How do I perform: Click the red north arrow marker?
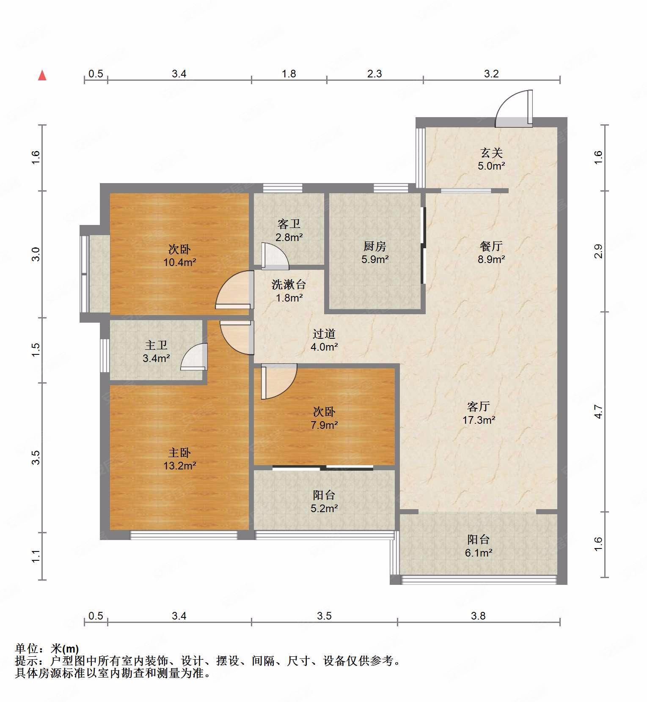pyautogui.click(x=42, y=75)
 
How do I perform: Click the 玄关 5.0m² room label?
pyautogui.click(x=491, y=159)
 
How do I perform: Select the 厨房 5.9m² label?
pyautogui.click(x=375, y=252)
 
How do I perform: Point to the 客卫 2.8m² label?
pyautogui.click(x=289, y=230)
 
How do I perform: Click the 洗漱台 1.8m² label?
pyautogui.click(x=289, y=291)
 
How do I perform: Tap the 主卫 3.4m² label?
pyautogui.click(x=156, y=352)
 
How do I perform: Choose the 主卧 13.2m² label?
pyautogui.click(x=179, y=459)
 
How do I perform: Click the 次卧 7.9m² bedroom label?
pyautogui.click(x=324, y=418)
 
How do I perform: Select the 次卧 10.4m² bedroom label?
pyautogui.click(x=179, y=255)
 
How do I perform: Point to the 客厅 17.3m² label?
pyautogui.click(x=479, y=413)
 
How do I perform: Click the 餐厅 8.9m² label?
pyautogui.click(x=491, y=252)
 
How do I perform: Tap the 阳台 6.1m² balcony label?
pyautogui.click(x=479, y=546)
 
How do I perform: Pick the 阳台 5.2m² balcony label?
pyautogui.click(x=324, y=502)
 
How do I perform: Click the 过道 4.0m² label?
pyautogui.click(x=324, y=340)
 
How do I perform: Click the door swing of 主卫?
pyautogui.click(x=194, y=357)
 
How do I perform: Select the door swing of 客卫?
pyautogui.click(x=275, y=256)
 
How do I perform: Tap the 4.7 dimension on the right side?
pyautogui.click(x=598, y=411)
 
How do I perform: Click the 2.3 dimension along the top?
pyautogui.click(x=374, y=74)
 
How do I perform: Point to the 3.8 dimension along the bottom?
pyautogui.click(x=479, y=616)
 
